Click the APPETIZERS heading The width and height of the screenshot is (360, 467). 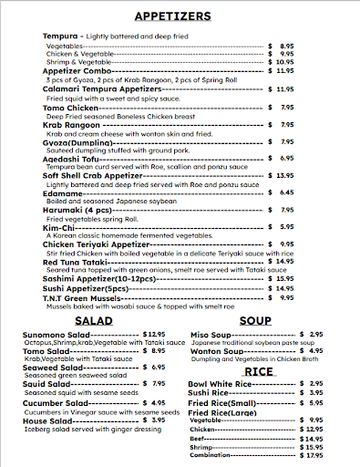click(x=180, y=16)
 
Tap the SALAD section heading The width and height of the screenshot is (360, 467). click(x=94, y=320)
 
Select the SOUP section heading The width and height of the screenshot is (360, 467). click(x=254, y=320)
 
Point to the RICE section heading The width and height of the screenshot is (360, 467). click(x=258, y=372)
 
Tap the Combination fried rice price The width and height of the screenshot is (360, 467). click(x=311, y=455)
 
